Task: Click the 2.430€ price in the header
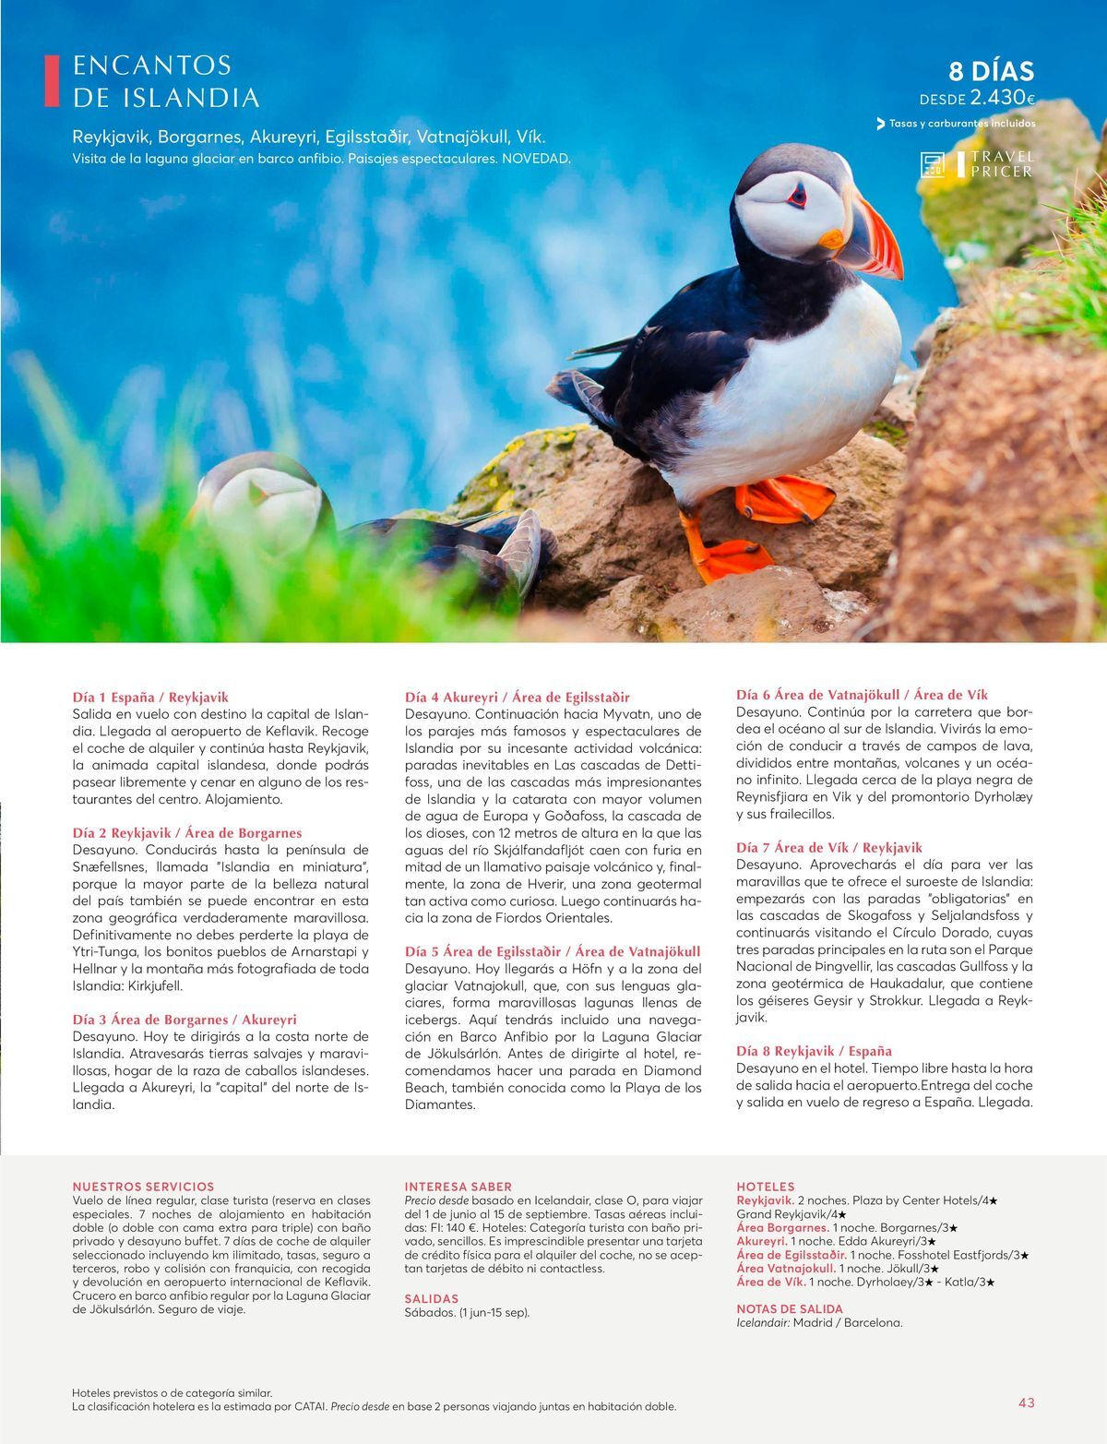click(1002, 98)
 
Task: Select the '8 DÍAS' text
click(991, 71)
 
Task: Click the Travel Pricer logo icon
click(933, 165)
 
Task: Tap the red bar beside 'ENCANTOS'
click(52, 80)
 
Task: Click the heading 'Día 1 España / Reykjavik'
click(150, 698)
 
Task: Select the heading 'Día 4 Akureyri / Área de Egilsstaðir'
click(518, 697)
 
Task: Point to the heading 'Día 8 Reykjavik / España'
click(814, 1051)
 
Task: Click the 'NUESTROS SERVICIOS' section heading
click(143, 1187)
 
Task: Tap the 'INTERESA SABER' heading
click(458, 1187)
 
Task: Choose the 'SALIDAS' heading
click(432, 1298)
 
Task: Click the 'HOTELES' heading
click(765, 1187)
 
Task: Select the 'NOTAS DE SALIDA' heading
click(790, 1308)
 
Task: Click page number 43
click(1026, 1402)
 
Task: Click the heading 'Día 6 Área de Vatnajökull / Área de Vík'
click(862, 695)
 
